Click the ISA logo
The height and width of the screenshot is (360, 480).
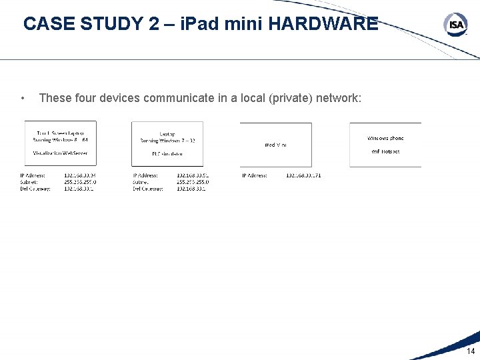(x=455, y=25)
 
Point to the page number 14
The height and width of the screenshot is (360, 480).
(x=471, y=351)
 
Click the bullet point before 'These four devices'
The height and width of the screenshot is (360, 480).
(x=23, y=99)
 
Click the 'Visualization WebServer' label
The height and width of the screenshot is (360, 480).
(x=61, y=153)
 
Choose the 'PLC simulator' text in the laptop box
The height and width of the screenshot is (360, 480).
(x=167, y=153)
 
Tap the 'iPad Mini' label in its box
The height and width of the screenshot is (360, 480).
(x=275, y=145)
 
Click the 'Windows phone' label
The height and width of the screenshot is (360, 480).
(x=385, y=138)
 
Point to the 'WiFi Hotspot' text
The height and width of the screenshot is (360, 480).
(x=385, y=151)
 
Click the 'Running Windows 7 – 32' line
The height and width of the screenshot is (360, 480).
(x=167, y=140)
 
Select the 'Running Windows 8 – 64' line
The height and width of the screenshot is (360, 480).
(x=61, y=139)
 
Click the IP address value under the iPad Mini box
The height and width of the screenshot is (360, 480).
(x=303, y=175)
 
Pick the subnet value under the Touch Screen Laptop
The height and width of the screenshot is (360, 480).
(x=80, y=181)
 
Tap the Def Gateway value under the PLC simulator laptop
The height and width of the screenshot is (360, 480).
(x=191, y=189)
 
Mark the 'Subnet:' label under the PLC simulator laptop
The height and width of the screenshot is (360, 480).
(x=141, y=181)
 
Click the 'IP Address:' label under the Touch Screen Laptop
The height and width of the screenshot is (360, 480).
(x=33, y=175)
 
